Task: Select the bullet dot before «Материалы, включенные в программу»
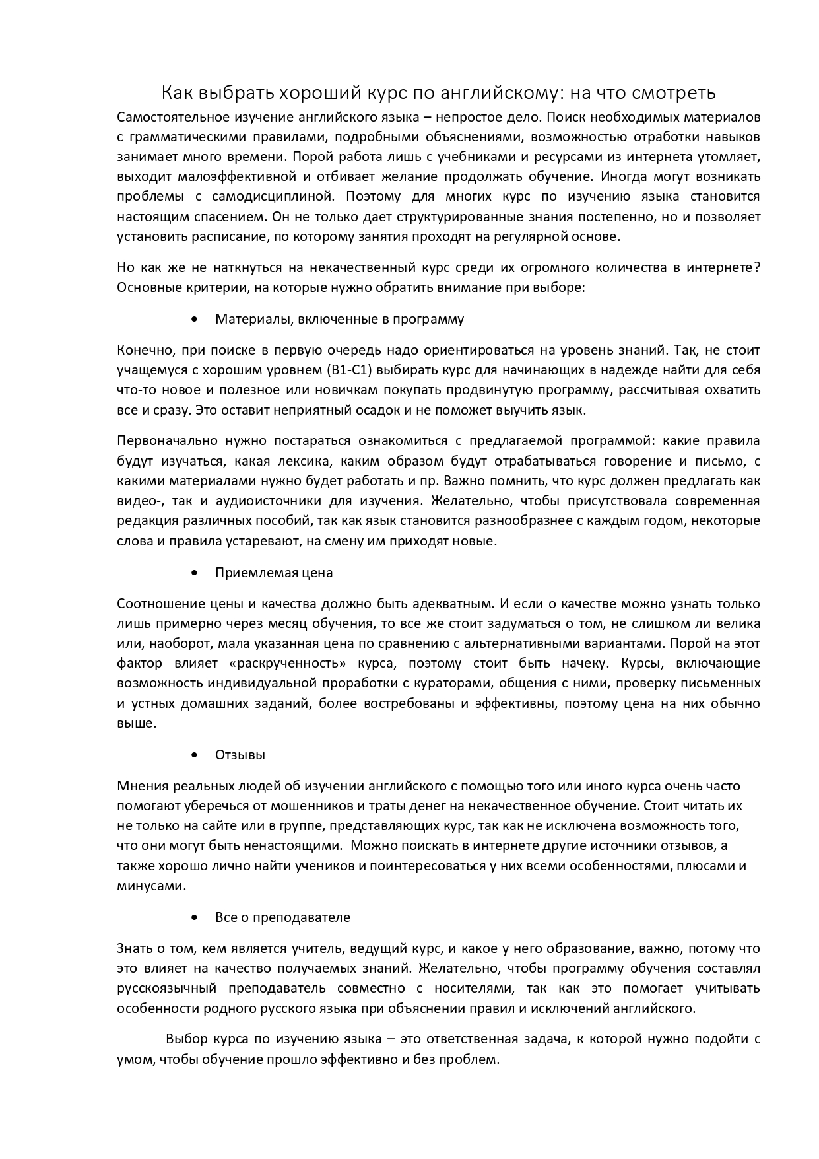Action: pyautogui.click(x=193, y=320)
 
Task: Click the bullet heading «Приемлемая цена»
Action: pyautogui.click(x=274, y=573)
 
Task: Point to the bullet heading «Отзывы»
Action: pyautogui.click(x=240, y=755)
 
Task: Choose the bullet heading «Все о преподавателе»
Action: pyautogui.click(x=282, y=917)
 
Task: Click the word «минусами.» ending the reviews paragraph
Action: pyautogui.click(x=152, y=886)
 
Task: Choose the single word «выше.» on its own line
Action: pyautogui.click(x=137, y=723)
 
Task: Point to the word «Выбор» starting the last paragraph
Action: pyautogui.click(x=187, y=1039)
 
